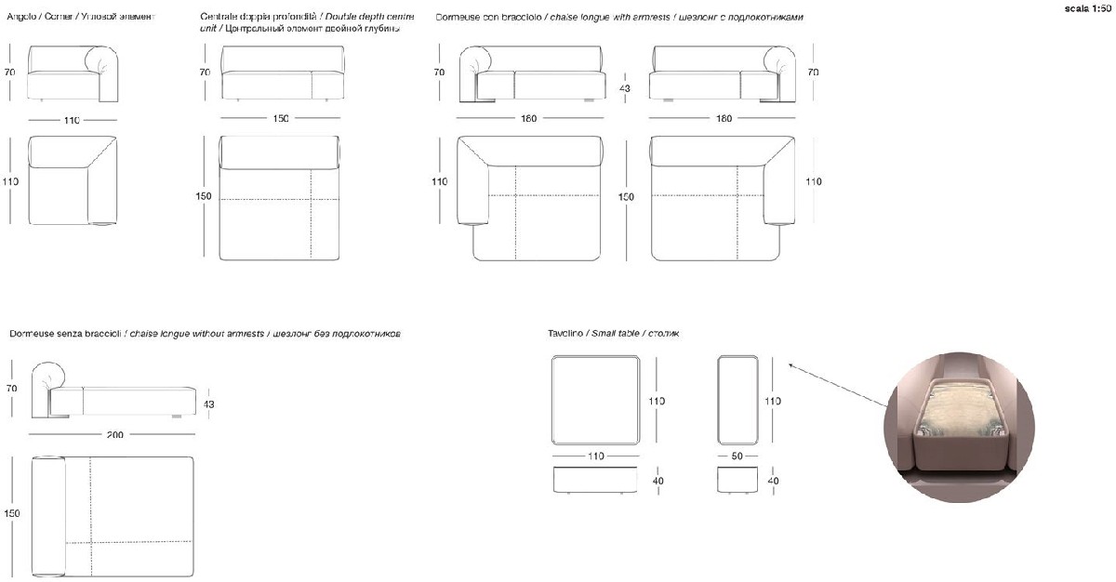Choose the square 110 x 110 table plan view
[595, 401]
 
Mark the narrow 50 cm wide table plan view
[739, 401]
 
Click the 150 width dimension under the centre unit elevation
[281, 118]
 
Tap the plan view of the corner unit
[73, 180]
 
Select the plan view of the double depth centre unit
[280, 198]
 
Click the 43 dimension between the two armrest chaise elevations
[625, 88]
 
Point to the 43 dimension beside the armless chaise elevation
[208, 404]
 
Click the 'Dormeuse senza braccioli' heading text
[65, 333]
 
